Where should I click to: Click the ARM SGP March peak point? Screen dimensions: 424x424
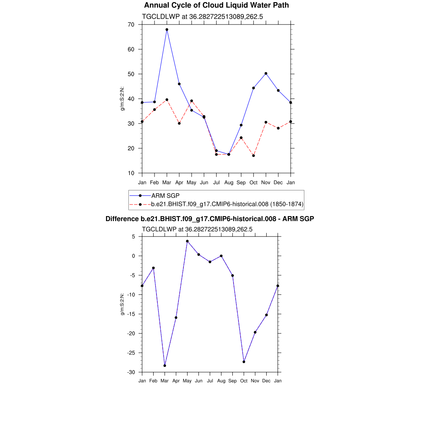pos(167,29)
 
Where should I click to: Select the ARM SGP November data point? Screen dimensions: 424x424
pos(266,73)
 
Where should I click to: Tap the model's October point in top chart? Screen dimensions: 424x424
pos(253,156)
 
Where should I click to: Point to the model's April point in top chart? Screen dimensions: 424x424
pos(179,123)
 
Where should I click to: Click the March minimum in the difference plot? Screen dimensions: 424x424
pos(165,366)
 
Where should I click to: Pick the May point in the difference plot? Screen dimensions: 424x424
pos(187,241)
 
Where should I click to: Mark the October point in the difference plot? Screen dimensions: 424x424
pos(244,362)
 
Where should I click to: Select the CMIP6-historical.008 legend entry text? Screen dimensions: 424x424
pos(228,204)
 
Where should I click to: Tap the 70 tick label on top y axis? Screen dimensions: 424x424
pos(131,24)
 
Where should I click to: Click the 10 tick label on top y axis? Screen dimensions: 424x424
pos(131,173)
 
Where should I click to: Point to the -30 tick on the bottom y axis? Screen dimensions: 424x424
pos(131,372)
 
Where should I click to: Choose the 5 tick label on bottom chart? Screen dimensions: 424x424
pos(134,236)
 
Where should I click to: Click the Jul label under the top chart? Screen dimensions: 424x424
pos(216,183)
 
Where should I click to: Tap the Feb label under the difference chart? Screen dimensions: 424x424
pos(153,381)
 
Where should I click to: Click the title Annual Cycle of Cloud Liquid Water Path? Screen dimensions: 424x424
pos(217,5)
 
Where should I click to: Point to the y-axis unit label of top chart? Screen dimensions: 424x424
pos(123,99)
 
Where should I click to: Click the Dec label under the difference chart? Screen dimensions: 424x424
pos(267,381)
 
